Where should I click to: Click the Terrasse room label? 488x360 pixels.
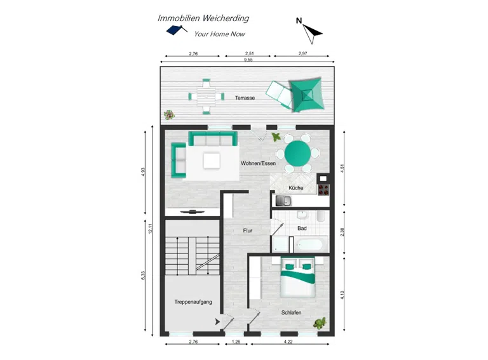pos(245,98)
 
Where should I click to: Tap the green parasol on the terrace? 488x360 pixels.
pos(307,95)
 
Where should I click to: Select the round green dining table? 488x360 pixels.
pos(297,153)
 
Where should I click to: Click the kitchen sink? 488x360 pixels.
pos(283,201)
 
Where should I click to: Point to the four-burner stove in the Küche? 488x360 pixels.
pos(323,190)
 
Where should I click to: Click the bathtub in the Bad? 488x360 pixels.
pos(308,245)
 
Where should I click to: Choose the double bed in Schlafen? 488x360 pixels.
pos(299,277)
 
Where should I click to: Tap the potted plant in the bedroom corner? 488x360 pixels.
pos(320,323)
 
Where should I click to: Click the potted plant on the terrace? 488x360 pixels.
pos(169,115)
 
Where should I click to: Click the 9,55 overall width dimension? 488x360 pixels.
pos(248,60)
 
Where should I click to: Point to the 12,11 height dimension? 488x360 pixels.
pos(151,229)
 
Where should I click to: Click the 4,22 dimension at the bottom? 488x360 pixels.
pos(288,342)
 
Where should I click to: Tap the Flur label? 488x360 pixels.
pos(247,230)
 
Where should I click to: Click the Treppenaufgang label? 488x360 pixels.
pos(193,302)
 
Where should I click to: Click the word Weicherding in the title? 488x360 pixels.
pos(226,18)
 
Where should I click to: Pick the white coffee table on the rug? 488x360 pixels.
pos(212,160)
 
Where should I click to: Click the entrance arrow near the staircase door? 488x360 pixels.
pos(217,322)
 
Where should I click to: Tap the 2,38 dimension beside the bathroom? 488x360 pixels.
pos(342,232)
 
